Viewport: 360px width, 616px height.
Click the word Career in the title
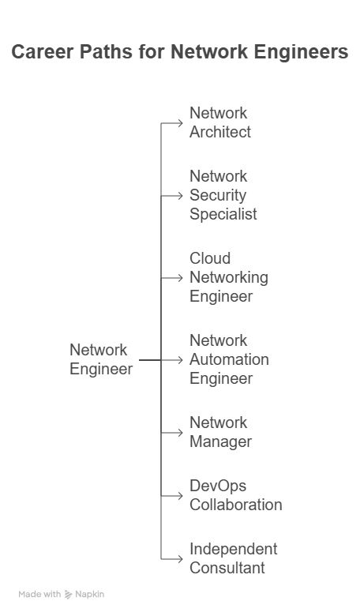coord(40,52)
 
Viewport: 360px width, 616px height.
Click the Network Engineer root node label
coord(101,359)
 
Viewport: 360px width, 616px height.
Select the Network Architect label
coord(219,122)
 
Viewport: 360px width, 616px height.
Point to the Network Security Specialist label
coord(223,195)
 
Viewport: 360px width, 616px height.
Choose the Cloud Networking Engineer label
coord(229,277)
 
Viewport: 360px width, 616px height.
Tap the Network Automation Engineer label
coord(229,359)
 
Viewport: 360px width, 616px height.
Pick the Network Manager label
coord(220,432)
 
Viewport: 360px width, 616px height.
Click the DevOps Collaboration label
coord(235,495)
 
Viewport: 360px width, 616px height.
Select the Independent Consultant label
coord(233,558)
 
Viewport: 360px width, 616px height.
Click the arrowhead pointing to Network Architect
coord(180,123)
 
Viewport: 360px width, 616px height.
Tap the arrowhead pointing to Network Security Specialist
coord(180,196)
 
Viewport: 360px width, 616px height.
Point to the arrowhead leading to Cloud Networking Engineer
coord(180,278)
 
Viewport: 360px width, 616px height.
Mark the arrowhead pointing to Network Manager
coord(180,433)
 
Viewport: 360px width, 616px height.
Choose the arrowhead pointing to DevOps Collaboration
coord(180,496)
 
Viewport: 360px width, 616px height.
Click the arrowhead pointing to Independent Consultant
coord(180,558)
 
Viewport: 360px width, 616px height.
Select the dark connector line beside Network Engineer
coord(150,360)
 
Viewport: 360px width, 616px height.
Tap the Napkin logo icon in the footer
coord(69,595)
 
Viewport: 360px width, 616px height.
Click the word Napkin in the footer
coord(89,595)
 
